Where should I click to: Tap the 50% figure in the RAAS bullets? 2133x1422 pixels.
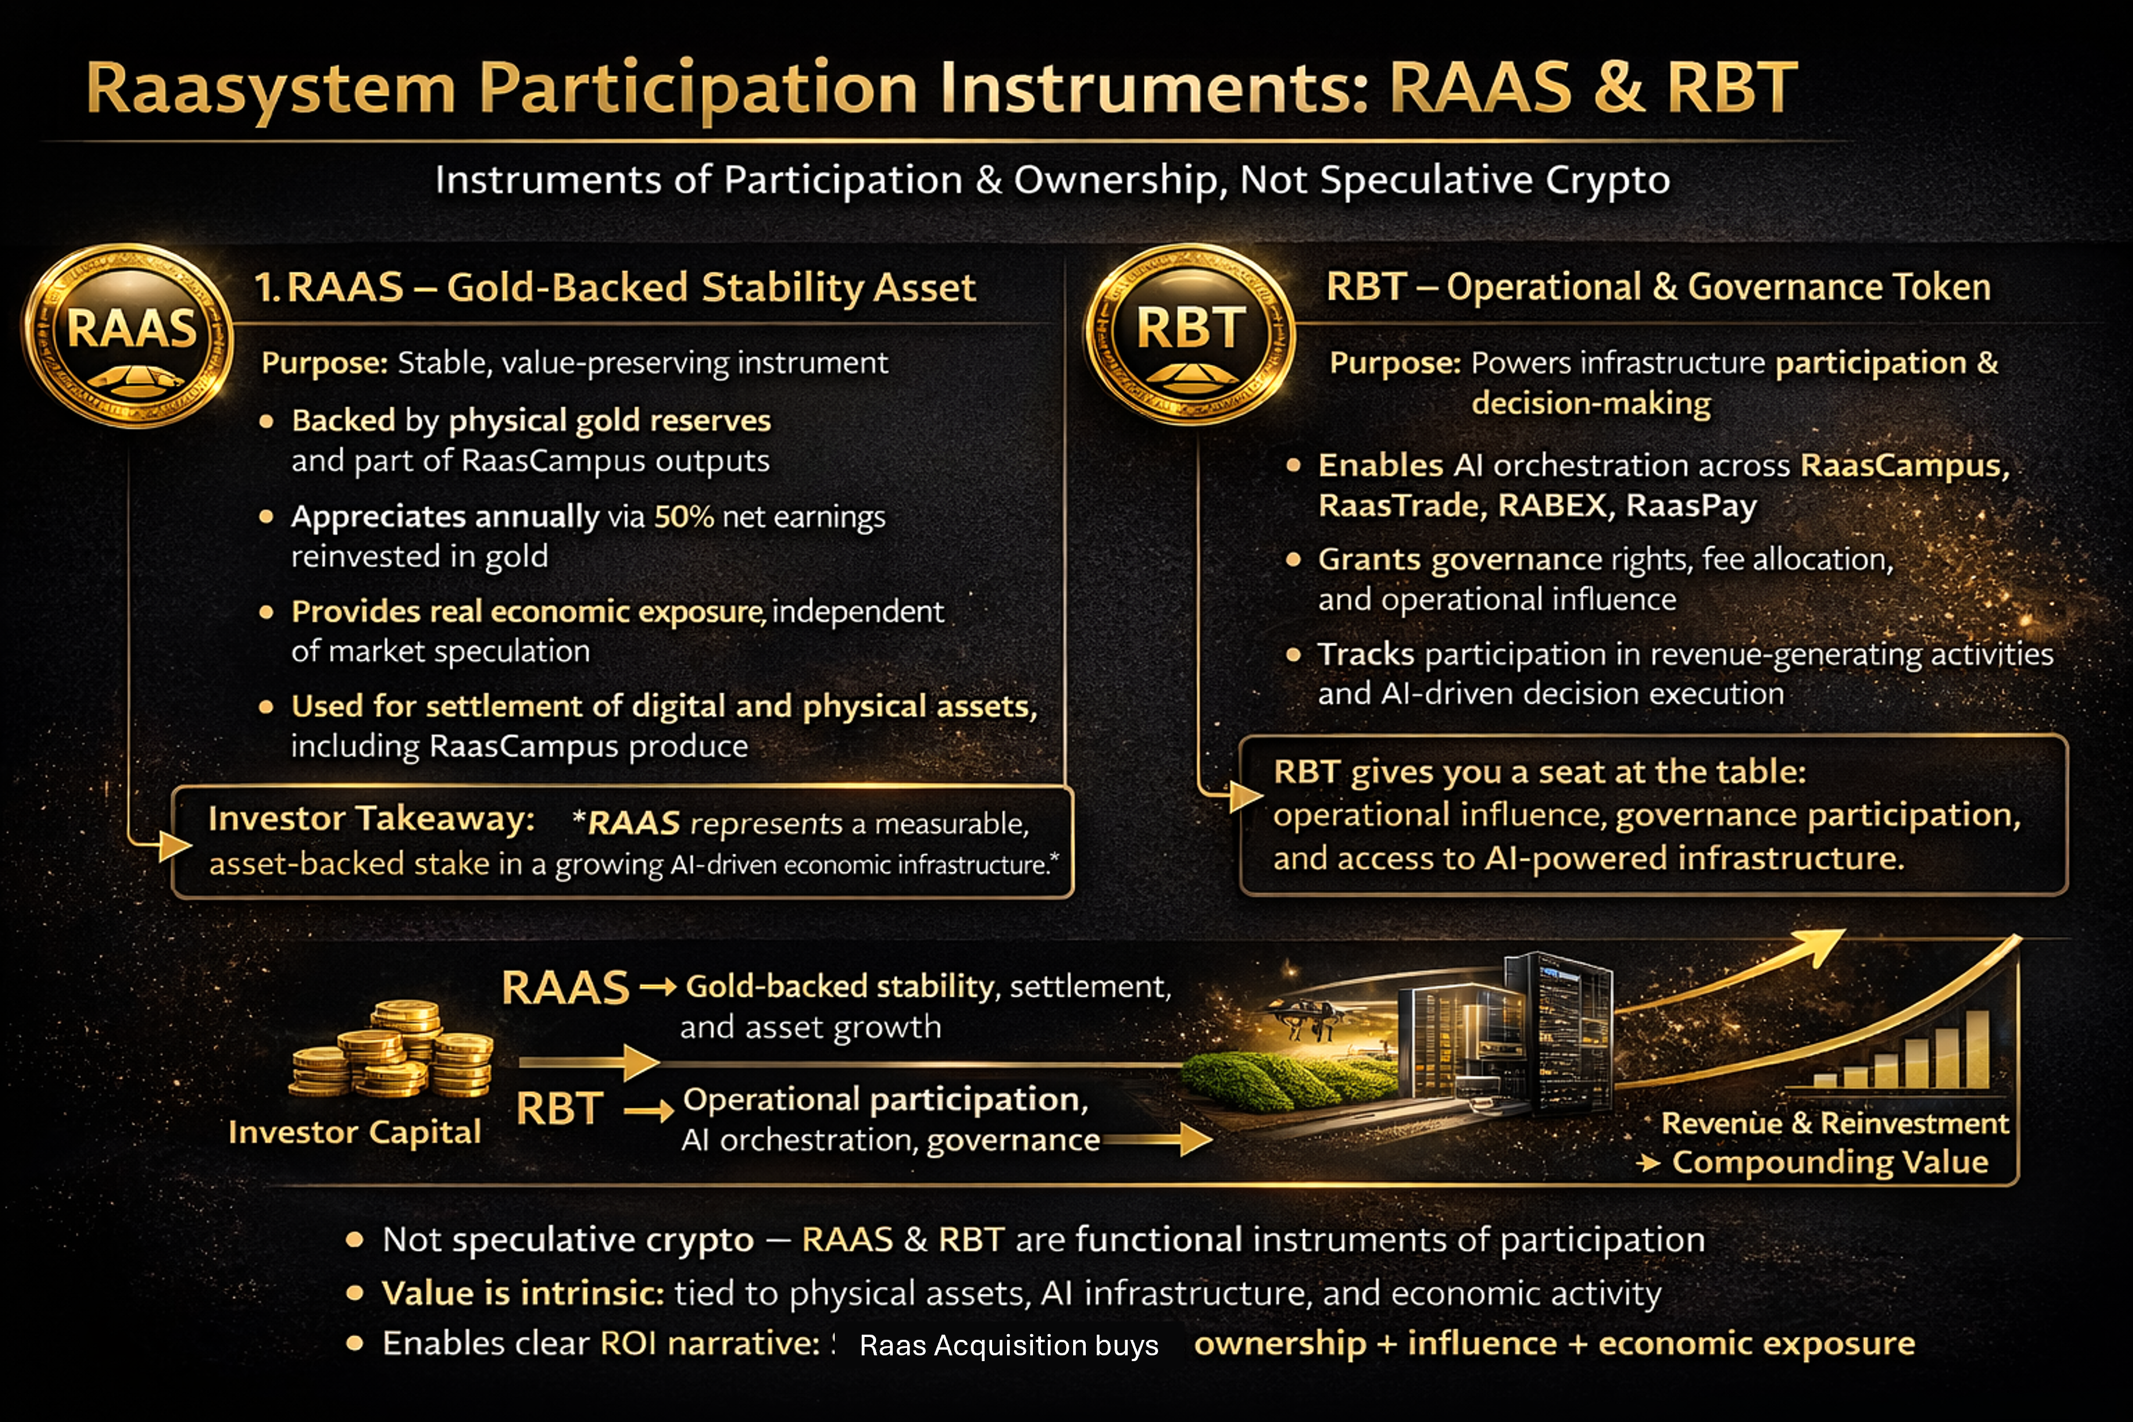point(684,517)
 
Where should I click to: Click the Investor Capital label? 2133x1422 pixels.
point(354,1132)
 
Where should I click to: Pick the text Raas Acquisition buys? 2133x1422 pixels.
point(1009,1345)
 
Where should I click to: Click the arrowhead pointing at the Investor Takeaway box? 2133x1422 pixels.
point(175,845)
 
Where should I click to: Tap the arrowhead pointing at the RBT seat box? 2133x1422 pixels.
point(1245,796)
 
